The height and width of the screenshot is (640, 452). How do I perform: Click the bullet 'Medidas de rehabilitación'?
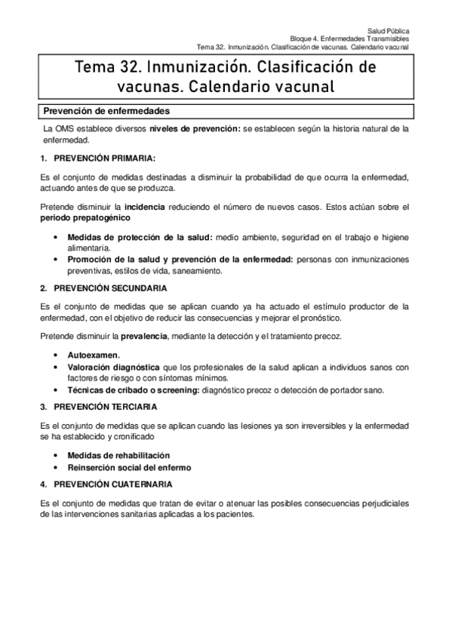click(x=118, y=456)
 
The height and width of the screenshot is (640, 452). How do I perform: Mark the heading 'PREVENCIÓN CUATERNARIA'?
click(x=111, y=484)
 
